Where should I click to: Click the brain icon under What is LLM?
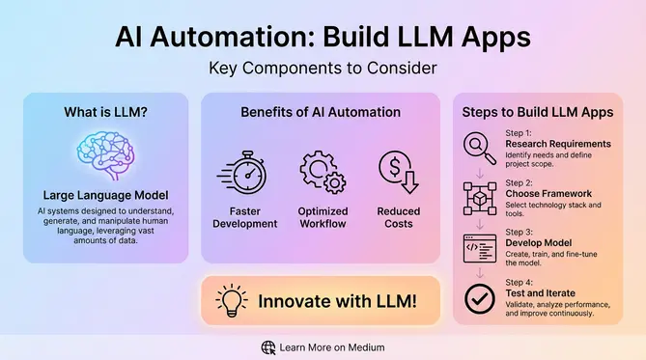click(x=105, y=154)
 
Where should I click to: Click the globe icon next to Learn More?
click(x=268, y=346)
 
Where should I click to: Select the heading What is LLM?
click(x=105, y=112)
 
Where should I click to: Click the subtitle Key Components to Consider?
click(x=323, y=69)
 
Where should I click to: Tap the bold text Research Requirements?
click(x=558, y=145)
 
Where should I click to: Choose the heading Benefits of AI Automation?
click(x=321, y=112)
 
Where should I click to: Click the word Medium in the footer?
click(x=363, y=346)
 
